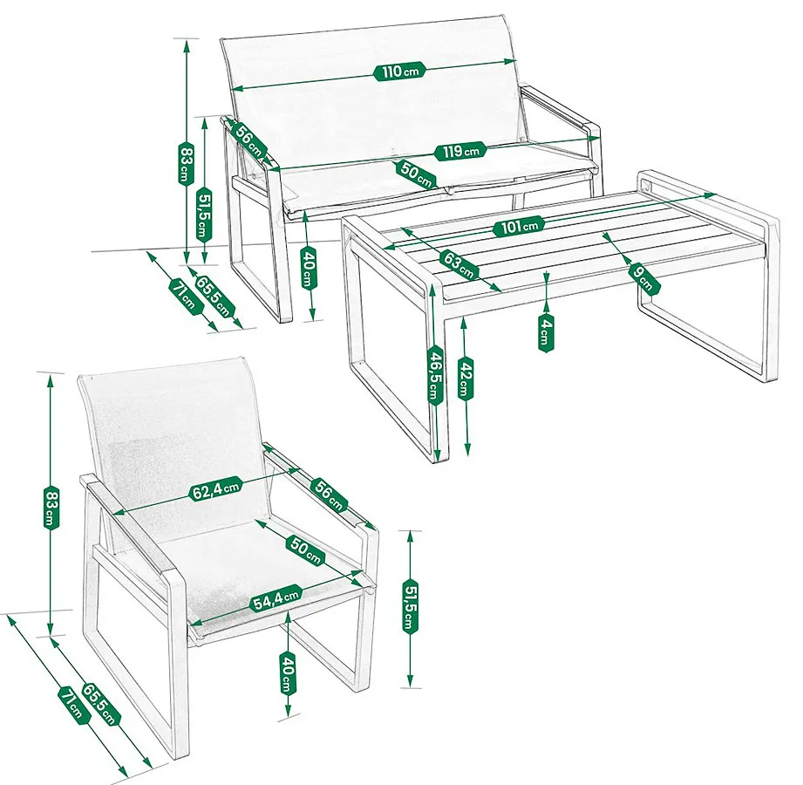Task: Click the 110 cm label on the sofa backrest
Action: point(400,71)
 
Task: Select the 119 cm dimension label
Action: point(460,151)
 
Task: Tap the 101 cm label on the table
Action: point(518,226)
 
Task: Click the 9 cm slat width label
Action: point(643,276)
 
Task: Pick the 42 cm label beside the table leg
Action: point(466,379)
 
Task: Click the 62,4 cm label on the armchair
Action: point(215,489)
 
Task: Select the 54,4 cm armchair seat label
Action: point(276,598)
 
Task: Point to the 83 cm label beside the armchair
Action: point(51,508)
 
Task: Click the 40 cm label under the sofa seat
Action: point(309,268)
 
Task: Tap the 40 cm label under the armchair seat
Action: point(288,672)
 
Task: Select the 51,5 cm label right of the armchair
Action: point(410,607)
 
